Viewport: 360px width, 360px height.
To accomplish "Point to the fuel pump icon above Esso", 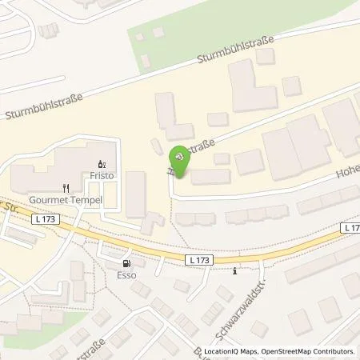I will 126,262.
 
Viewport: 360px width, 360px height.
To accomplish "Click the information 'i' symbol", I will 234,270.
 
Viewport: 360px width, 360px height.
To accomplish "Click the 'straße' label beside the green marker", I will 203,148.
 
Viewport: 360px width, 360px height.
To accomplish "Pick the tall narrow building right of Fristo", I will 136,194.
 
